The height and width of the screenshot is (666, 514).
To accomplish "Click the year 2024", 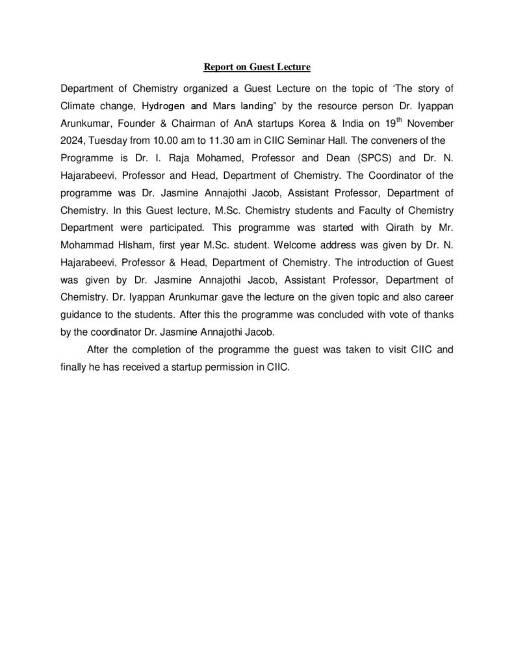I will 70,139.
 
